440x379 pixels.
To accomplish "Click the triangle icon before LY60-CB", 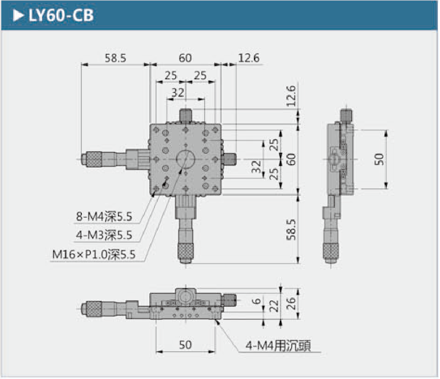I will click(x=18, y=16).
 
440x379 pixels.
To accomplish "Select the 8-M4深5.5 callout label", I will click(x=103, y=217).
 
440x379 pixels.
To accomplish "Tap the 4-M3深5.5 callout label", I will click(x=103, y=236).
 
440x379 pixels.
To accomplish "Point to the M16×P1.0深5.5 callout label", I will click(x=94, y=255).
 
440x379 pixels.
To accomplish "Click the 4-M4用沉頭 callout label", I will click(x=278, y=346).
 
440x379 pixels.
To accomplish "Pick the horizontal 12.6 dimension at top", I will click(x=249, y=58).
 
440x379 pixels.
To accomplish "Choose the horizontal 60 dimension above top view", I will click(x=185, y=58).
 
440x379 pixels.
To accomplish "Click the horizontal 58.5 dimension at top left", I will click(x=115, y=58).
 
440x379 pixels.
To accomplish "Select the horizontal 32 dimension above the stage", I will click(x=178, y=92).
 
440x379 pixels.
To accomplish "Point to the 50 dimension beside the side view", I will click(x=379, y=159).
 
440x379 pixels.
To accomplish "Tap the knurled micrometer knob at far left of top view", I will click(x=94, y=159).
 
